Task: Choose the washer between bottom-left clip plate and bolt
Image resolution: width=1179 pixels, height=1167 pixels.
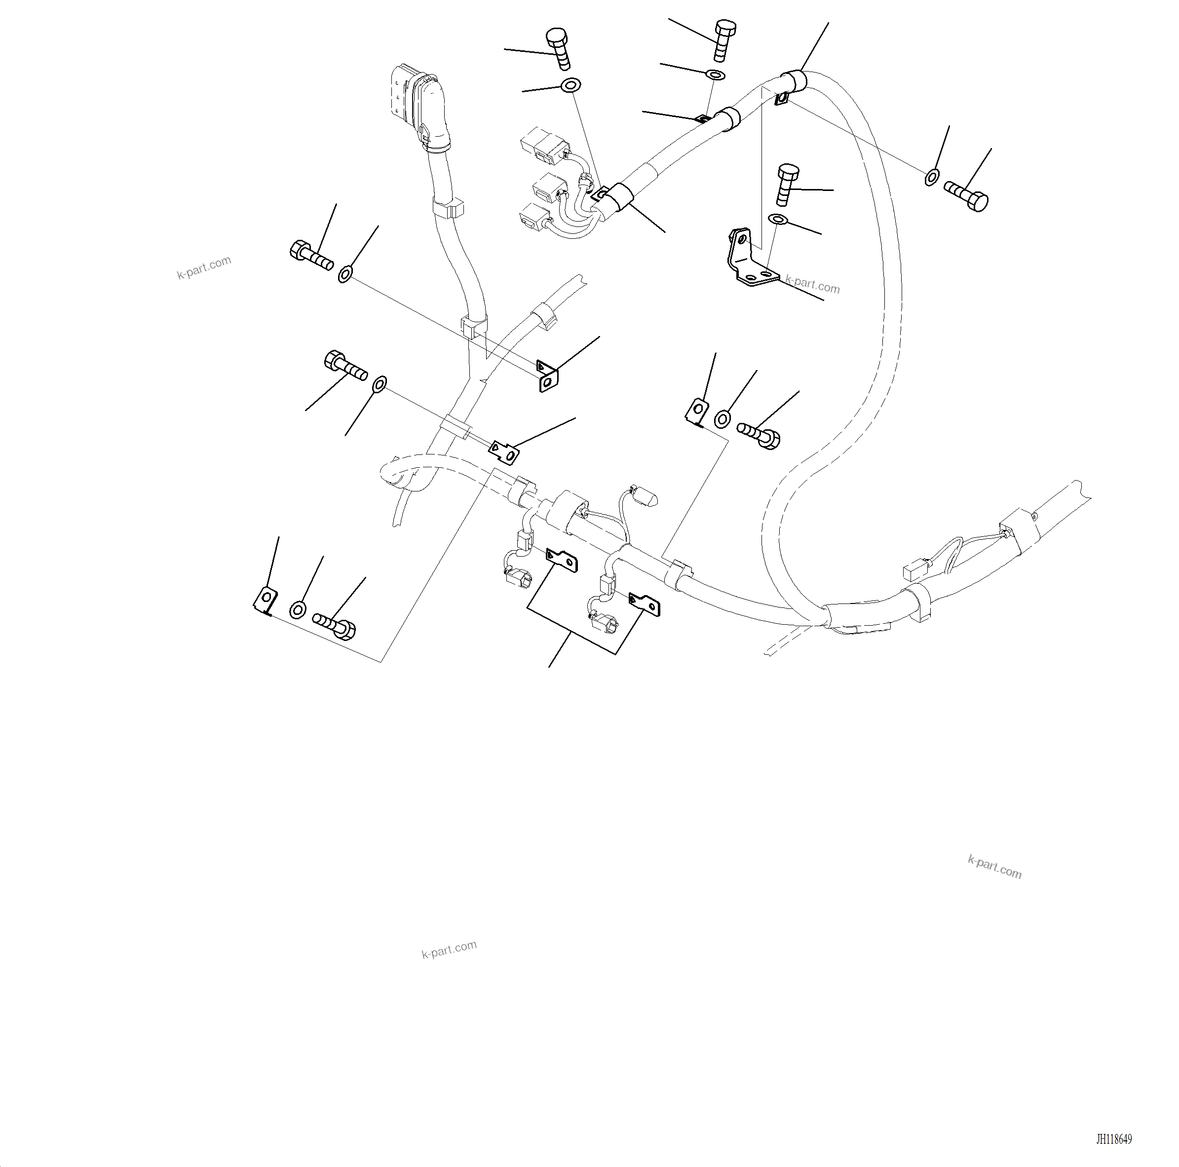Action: (x=298, y=609)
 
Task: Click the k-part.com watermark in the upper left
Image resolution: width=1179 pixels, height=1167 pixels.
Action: (x=204, y=267)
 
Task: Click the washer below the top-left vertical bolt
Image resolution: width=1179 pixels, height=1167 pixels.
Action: (x=571, y=85)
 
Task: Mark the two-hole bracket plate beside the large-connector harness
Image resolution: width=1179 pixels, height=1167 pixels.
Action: (x=547, y=375)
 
